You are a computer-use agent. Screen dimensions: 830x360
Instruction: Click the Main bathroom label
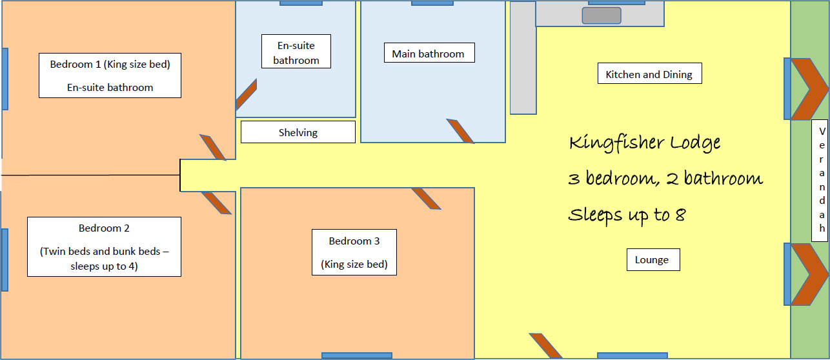pyautogui.click(x=429, y=53)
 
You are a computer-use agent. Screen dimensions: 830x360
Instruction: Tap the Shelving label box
pyautogui.click(x=298, y=132)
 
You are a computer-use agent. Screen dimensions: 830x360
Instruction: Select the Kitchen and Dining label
pyautogui.click(x=649, y=74)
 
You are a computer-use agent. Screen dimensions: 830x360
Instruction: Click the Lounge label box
pyautogui.click(x=653, y=259)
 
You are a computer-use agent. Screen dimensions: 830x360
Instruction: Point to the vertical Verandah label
pyautogui.click(x=819, y=181)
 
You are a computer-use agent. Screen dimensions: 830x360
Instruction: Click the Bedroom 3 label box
pyautogui.click(x=354, y=252)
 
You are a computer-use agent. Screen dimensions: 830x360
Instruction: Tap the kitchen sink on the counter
pyautogui.click(x=602, y=15)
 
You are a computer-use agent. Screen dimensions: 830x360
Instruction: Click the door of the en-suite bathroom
pyautogui.click(x=247, y=94)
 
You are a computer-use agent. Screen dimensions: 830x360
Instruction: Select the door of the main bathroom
pyautogui.click(x=460, y=131)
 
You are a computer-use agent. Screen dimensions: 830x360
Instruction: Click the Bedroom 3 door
pyautogui.click(x=426, y=199)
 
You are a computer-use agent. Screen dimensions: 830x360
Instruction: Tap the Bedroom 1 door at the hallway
pyautogui.click(x=213, y=147)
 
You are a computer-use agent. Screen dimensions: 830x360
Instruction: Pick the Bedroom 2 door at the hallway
pyautogui.click(x=216, y=203)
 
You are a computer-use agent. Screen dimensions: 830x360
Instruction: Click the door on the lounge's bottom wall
pyautogui.click(x=545, y=346)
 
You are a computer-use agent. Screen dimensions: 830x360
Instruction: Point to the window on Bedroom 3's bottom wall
pyautogui.click(x=357, y=356)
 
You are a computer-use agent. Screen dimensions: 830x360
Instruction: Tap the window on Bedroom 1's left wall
pyautogui.click(x=5, y=79)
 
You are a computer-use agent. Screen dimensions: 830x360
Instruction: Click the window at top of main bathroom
pyautogui.click(x=432, y=3)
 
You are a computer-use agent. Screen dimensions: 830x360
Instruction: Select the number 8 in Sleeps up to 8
pyautogui.click(x=680, y=214)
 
